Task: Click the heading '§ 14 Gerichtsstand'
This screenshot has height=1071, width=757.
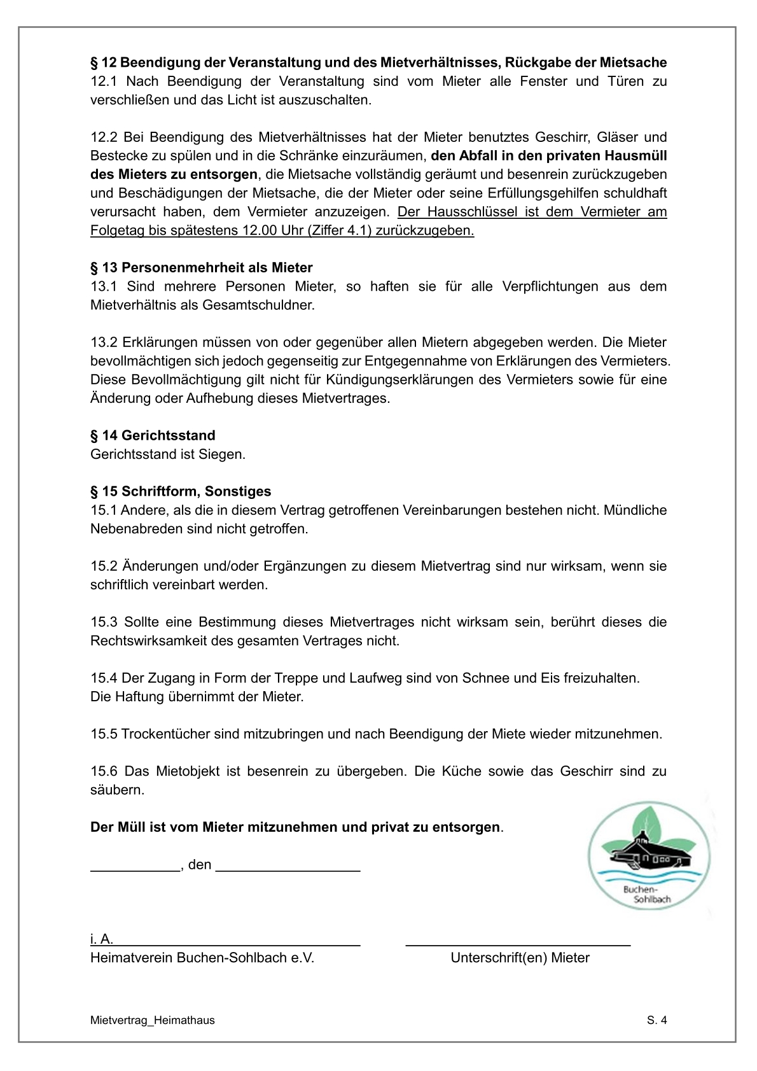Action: (x=153, y=435)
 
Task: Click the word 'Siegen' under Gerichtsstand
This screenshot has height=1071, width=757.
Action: (x=222, y=454)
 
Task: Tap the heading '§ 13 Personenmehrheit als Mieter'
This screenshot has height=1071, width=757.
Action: (x=202, y=267)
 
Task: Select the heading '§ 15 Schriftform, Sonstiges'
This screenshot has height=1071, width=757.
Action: (x=181, y=491)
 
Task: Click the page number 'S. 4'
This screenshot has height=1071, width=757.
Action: (x=656, y=1020)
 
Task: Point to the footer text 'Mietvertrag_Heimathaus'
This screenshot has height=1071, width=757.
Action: (x=153, y=1020)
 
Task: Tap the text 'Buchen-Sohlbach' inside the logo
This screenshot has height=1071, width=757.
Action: (x=646, y=894)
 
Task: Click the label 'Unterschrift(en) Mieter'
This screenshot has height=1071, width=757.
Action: (x=520, y=958)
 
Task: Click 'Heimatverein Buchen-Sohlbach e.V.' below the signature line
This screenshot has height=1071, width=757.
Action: (x=202, y=958)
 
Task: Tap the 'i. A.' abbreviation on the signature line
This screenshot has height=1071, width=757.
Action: (x=101, y=939)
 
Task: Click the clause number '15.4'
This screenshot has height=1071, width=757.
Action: (x=104, y=678)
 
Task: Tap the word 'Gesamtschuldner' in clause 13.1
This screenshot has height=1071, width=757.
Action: (x=258, y=305)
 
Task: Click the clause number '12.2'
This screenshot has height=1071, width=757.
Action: (x=104, y=137)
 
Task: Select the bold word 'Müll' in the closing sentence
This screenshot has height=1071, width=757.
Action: (x=131, y=827)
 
